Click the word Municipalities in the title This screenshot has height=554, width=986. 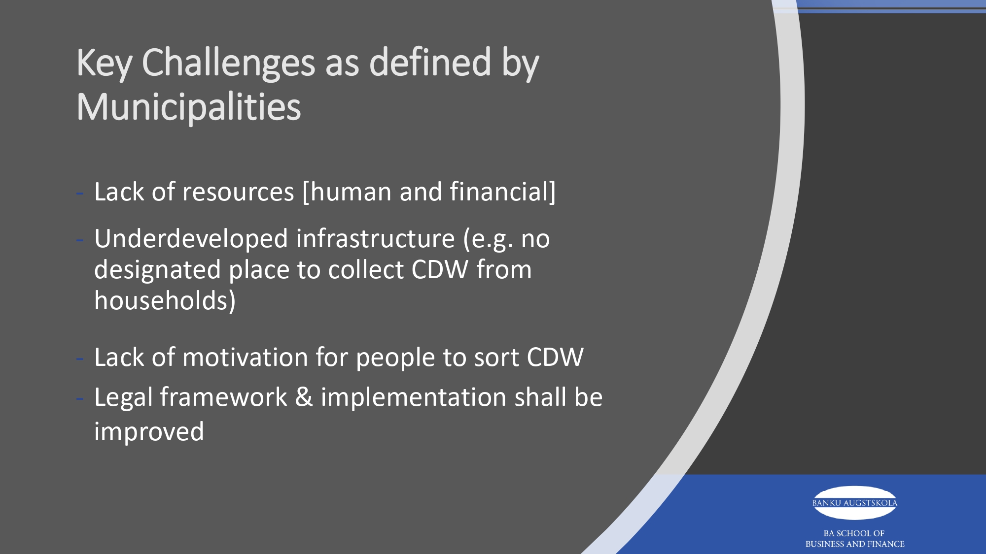(189, 107)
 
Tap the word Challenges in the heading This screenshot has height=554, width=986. (228, 63)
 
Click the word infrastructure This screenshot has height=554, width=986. (376, 238)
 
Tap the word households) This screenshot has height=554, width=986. (165, 300)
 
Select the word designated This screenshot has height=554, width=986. (157, 270)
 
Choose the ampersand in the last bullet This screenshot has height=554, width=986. (304, 397)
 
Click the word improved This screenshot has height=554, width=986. (149, 432)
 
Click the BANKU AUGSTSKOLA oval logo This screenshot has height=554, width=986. (854, 503)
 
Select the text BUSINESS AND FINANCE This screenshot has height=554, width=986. (855, 544)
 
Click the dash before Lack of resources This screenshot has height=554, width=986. (79, 194)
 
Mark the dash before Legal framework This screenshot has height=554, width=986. (79, 399)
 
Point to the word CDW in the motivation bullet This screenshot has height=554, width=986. (555, 357)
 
